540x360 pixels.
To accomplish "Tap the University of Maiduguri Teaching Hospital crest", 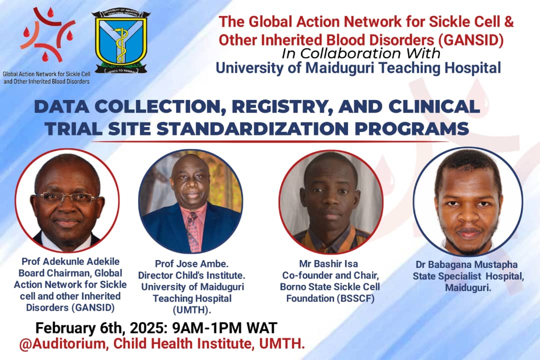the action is point(121,42).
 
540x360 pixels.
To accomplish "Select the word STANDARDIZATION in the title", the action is point(252,129).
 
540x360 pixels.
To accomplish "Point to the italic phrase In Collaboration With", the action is point(361,53).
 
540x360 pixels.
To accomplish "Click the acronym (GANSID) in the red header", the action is point(471,40).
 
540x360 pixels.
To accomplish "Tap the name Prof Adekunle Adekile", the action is point(70,261).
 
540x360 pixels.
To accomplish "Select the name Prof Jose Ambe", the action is point(191,264).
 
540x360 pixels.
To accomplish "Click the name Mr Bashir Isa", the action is point(328,264).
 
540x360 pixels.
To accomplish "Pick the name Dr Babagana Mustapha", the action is point(466,264).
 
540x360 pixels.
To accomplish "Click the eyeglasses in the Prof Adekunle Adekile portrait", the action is point(66,197).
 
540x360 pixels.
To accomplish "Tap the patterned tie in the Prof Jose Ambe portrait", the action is point(193,231).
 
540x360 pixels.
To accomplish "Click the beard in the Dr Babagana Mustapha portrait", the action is point(467,241).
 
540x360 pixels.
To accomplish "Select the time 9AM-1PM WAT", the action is point(224,328).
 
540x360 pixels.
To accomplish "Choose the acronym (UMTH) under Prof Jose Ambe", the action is point(192,309).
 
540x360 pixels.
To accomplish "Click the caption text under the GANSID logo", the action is point(46,77).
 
